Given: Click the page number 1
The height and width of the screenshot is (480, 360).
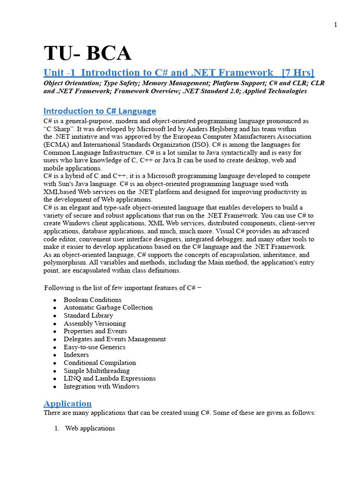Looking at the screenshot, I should (336, 25).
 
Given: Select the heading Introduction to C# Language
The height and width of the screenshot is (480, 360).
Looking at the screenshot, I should (99, 111).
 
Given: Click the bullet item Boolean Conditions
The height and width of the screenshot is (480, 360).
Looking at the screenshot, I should (92, 300).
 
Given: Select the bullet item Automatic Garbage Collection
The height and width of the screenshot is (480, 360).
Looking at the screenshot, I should (108, 307).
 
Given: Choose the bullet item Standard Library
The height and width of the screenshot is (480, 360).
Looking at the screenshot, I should (88, 315).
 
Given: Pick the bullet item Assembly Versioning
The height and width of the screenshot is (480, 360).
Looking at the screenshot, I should (95, 323).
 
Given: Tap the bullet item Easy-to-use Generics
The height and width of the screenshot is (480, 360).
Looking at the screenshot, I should (94, 347).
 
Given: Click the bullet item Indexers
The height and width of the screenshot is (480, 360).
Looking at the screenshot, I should (76, 355).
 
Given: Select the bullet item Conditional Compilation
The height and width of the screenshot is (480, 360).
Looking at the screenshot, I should (100, 363).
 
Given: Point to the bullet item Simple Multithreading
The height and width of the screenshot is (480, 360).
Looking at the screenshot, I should (97, 371).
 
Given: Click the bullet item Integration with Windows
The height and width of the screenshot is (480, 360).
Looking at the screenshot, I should (101, 387).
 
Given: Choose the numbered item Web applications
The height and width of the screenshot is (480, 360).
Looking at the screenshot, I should (90, 428).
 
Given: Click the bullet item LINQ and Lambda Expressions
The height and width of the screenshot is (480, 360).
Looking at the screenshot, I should (110, 378).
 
